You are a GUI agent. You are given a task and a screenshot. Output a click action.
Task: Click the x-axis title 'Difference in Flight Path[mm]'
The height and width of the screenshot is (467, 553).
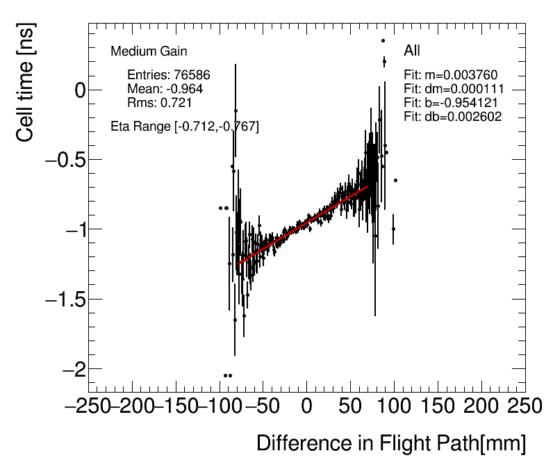(x=391, y=443)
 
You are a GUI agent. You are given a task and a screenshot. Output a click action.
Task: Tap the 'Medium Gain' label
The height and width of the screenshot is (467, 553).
(x=149, y=51)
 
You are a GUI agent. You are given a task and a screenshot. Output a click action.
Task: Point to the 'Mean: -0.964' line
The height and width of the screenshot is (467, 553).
(x=165, y=89)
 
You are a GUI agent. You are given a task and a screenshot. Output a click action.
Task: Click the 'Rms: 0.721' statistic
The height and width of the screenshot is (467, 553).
(x=160, y=102)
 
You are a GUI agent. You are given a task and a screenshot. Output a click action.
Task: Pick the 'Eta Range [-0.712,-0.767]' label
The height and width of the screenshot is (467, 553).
(x=185, y=126)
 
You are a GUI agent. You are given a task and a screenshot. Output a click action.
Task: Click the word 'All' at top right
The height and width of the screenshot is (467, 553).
(x=412, y=51)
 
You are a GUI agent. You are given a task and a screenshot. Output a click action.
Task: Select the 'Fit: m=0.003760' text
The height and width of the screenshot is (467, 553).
(x=451, y=75)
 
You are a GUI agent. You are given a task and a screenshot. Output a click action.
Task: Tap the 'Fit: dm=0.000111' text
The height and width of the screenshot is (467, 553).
(x=454, y=89)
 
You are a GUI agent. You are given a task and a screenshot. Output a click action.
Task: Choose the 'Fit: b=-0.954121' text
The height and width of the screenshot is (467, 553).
(x=452, y=103)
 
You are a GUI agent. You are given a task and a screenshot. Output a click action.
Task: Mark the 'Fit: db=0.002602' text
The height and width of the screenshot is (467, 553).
(x=452, y=117)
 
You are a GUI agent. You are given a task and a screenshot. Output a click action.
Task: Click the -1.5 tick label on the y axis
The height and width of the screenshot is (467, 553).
(x=64, y=300)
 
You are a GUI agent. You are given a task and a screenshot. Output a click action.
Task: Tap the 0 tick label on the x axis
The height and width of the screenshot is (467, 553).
(x=306, y=406)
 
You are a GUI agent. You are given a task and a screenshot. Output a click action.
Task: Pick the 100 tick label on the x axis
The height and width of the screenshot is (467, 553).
(x=394, y=406)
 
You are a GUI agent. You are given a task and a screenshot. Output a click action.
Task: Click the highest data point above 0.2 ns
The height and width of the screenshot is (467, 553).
(x=383, y=40)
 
